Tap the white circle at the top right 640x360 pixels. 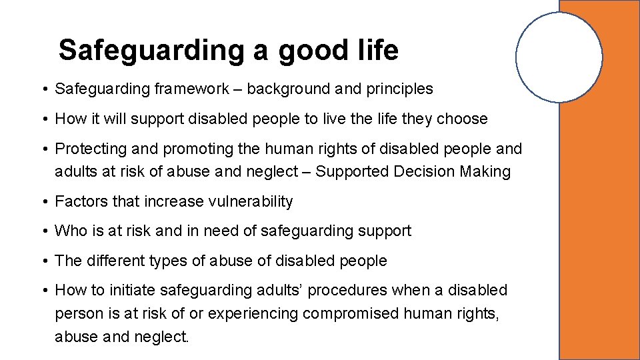(x=559, y=57)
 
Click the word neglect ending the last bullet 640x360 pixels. (x=165, y=337)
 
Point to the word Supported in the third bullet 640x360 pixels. (x=352, y=171)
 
